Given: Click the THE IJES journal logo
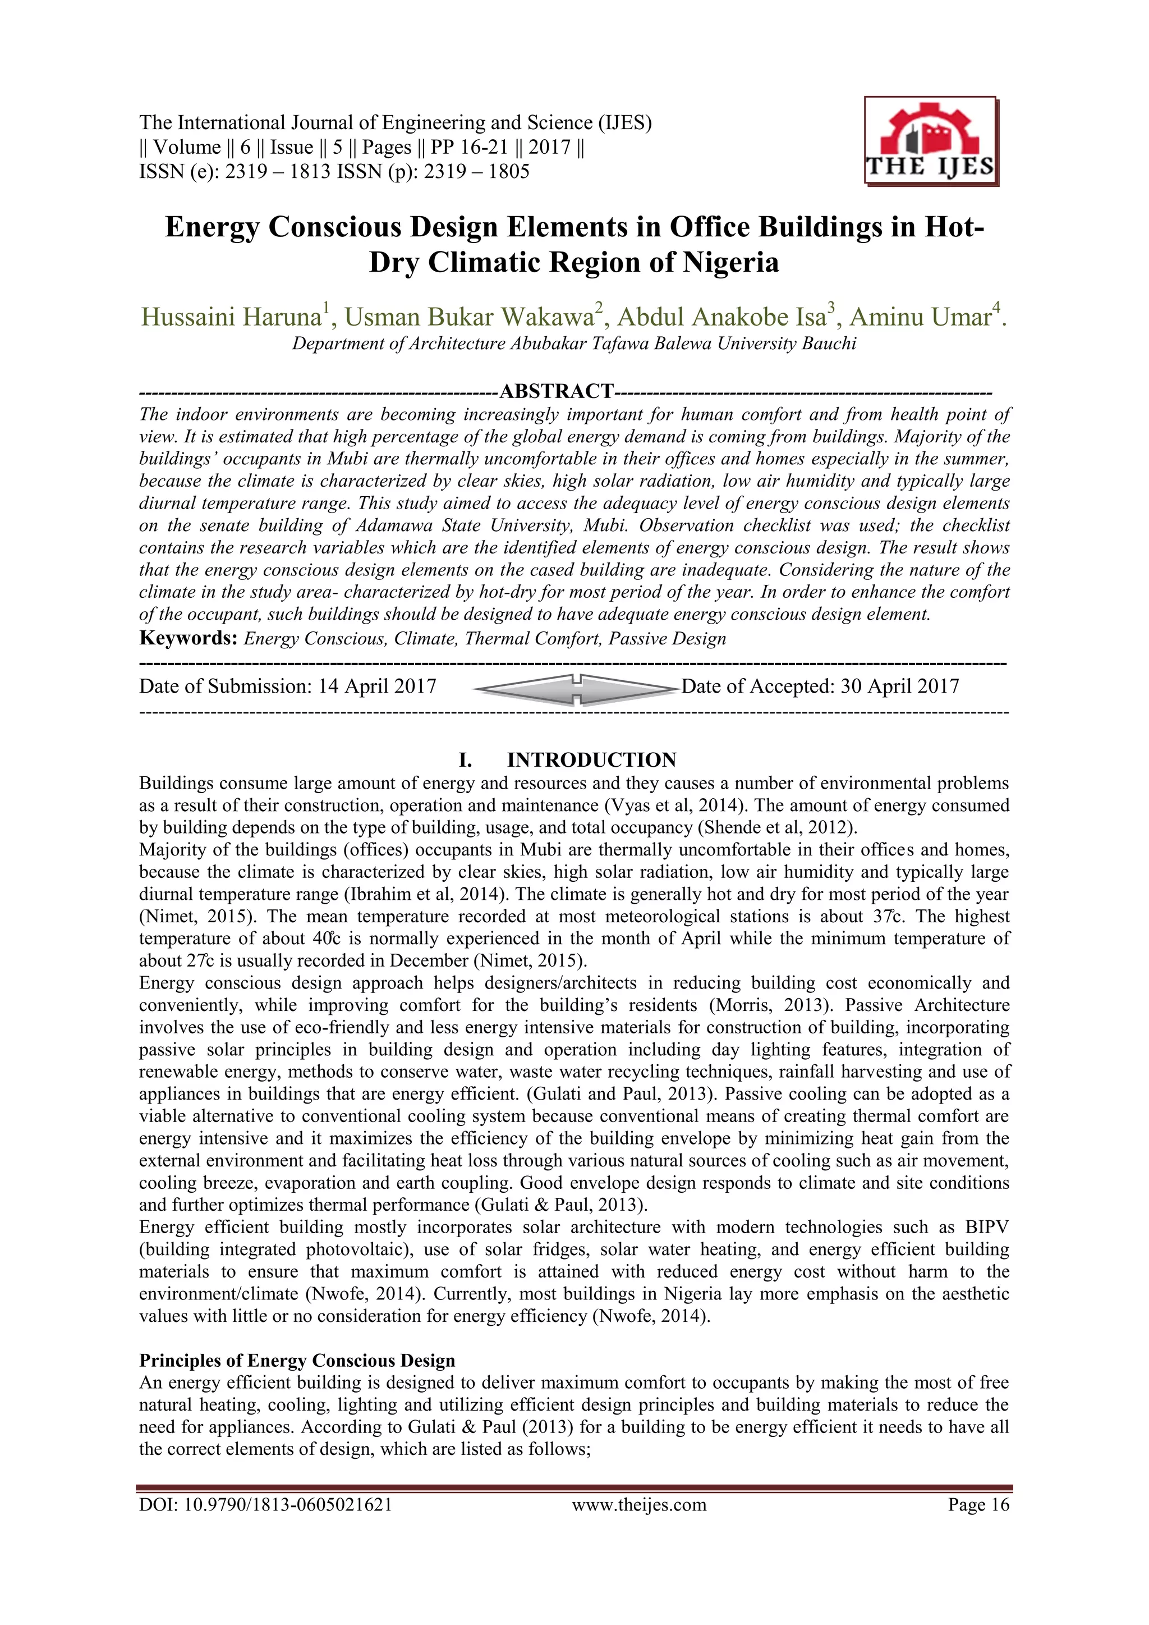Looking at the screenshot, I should (x=930, y=141).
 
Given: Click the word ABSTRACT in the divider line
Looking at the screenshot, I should (x=557, y=391).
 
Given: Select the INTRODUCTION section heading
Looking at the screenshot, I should (x=591, y=760).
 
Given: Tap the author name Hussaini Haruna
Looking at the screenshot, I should (x=231, y=317).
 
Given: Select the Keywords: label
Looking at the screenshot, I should (x=187, y=638).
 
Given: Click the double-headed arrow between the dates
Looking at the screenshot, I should (x=575, y=689).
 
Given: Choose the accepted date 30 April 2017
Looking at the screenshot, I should (x=899, y=686).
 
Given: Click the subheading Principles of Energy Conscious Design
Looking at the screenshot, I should (x=297, y=1361).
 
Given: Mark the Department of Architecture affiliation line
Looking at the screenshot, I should (x=574, y=344).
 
